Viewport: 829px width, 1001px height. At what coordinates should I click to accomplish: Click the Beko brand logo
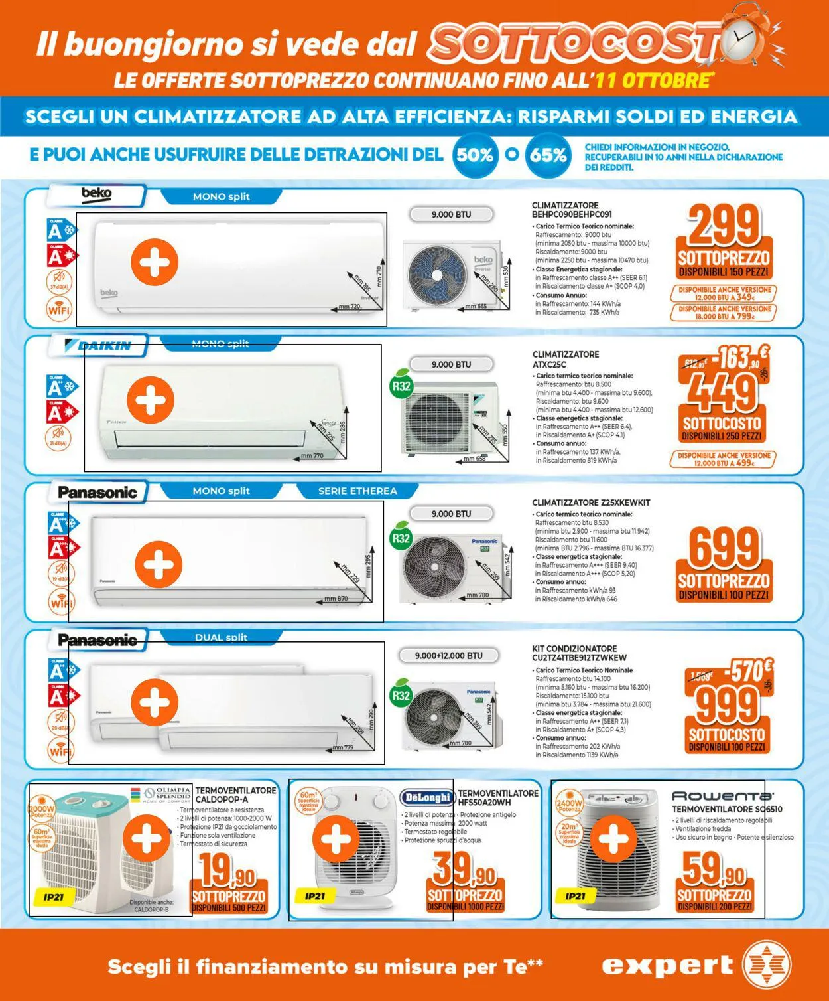(96, 194)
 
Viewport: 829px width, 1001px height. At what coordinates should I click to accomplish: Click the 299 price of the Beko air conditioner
(724, 226)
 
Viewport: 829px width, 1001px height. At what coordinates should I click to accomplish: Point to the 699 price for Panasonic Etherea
(724, 548)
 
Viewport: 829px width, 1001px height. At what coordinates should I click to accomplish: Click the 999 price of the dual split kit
(726, 705)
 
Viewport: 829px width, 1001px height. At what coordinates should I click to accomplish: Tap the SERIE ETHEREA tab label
(357, 491)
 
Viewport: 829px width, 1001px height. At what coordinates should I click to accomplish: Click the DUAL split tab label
(221, 637)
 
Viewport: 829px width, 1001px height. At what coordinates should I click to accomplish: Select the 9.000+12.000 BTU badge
(449, 656)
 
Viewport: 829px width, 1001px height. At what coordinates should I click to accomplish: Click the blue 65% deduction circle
(548, 155)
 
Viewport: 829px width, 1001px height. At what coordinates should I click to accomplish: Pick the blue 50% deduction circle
(475, 155)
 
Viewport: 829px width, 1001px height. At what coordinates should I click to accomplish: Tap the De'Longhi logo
(427, 797)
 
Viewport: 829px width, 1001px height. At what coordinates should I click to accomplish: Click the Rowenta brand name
(722, 795)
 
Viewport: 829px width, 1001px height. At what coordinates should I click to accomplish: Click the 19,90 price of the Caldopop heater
(227, 870)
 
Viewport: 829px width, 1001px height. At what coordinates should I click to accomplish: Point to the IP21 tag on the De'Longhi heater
(315, 896)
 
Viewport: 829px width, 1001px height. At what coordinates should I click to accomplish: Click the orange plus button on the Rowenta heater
(613, 840)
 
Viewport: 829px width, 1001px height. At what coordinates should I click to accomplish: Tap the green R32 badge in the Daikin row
(401, 386)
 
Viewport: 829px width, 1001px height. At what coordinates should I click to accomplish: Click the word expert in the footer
(667, 965)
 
